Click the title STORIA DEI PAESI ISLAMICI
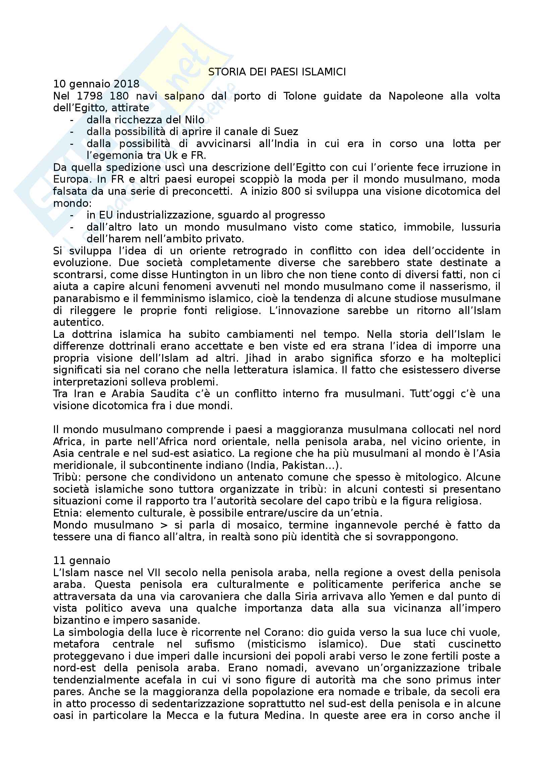277,72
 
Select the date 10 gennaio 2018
96,84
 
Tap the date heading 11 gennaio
81,561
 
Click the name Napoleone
416,96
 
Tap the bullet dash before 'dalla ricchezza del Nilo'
71,120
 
